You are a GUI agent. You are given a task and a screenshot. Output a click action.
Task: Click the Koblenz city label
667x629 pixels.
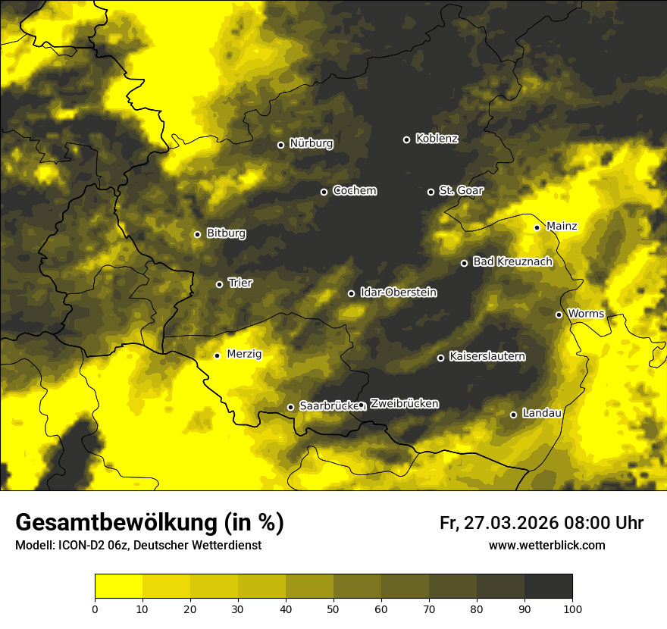pyautogui.click(x=437, y=139)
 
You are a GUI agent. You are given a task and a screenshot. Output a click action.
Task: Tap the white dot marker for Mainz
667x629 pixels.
pyautogui.click(x=537, y=227)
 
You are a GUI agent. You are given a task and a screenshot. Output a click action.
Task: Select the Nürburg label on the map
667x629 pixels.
pyautogui.click(x=311, y=143)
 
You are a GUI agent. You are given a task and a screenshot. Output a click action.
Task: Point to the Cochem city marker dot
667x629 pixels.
pyautogui.click(x=324, y=192)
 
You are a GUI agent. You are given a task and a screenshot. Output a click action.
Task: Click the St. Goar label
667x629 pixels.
pyautogui.click(x=461, y=191)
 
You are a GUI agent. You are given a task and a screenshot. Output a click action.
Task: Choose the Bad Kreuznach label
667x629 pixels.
pyautogui.click(x=512, y=261)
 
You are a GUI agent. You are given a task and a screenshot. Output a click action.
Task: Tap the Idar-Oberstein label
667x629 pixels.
pyautogui.click(x=398, y=292)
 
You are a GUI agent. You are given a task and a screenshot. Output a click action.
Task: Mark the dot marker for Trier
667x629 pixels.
pyautogui.click(x=219, y=284)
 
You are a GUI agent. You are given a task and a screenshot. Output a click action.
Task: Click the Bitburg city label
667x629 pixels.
pyautogui.click(x=226, y=233)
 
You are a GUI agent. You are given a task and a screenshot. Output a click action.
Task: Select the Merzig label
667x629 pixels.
pyautogui.click(x=245, y=354)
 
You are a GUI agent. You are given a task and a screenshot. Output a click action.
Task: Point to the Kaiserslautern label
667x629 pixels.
pyautogui.click(x=487, y=356)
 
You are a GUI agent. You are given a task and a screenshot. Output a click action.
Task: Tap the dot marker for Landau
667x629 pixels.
pyautogui.click(x=513, y=415)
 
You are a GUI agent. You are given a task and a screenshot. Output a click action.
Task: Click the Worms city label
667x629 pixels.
pyautogui.click(x=584, y=313)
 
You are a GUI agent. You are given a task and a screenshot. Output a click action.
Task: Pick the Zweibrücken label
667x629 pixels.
pyautogui.click(x=404, y=404)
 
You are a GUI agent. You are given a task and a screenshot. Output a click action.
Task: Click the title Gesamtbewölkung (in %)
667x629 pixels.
pyautogui.click(x=149, y=522)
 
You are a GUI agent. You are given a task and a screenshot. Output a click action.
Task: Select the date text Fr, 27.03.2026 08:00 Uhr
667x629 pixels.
pyautogui.click(x=541, y=523)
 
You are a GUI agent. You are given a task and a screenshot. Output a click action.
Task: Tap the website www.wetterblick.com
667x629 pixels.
pyautogui.click(x=546, y=545)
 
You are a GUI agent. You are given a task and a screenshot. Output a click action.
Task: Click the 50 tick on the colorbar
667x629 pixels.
pyautogui.click(x=333, y=608)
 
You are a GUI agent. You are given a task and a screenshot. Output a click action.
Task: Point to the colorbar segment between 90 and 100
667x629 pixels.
pyautogui.click(x=548, y=587)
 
